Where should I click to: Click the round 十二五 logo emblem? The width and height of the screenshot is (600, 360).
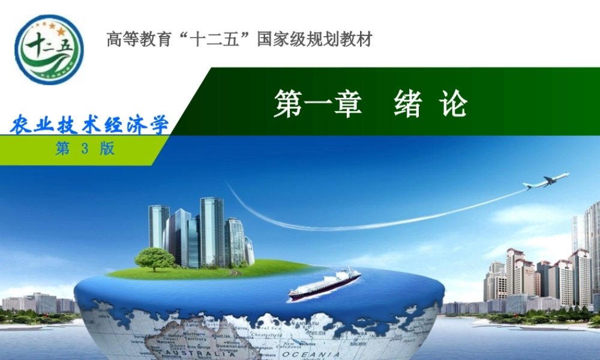(x=49, y=50)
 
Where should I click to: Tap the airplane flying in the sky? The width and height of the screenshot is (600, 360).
(x=545, y=181)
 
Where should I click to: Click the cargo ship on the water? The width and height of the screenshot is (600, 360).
(x=324, y=284)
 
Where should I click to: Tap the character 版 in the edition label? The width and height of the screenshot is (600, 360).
(x=107, y=149)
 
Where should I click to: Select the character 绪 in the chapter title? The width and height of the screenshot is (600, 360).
(x=408, y=104)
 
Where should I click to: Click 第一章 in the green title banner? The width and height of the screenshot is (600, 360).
(x=317, y=104)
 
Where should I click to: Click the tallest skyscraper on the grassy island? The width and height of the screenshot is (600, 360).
(x=212, y=231)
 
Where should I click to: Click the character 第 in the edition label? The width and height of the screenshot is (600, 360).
(x=62, y=149)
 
